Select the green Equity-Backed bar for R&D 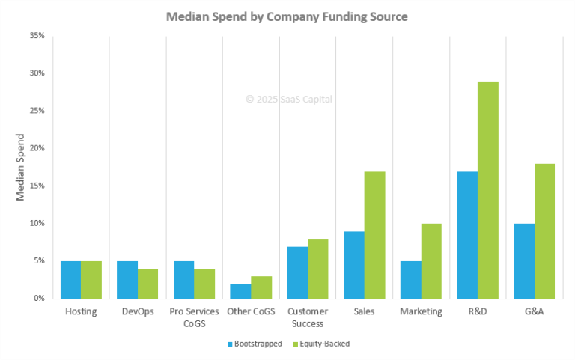488,190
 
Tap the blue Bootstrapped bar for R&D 467,235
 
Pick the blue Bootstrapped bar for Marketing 410,279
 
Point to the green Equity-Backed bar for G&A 545,231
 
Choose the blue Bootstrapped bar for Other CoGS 240,291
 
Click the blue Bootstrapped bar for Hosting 70,279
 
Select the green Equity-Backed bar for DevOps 148,283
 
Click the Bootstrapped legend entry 255,344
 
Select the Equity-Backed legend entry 323,344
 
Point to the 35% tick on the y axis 36,36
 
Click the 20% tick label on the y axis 36,148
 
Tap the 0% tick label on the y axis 38,298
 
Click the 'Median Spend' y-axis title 21,167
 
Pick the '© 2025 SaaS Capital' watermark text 289,99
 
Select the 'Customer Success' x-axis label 308,317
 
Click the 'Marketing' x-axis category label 421,311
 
